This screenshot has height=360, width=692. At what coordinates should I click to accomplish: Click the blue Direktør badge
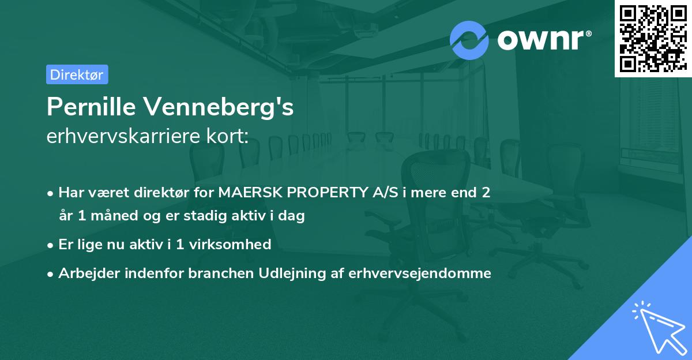[77, 74]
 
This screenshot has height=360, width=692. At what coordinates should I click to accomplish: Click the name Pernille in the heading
[91, 107]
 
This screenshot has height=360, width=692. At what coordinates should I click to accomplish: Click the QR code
[652, 39]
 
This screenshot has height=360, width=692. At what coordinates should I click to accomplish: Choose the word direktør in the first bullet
[163, 192]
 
